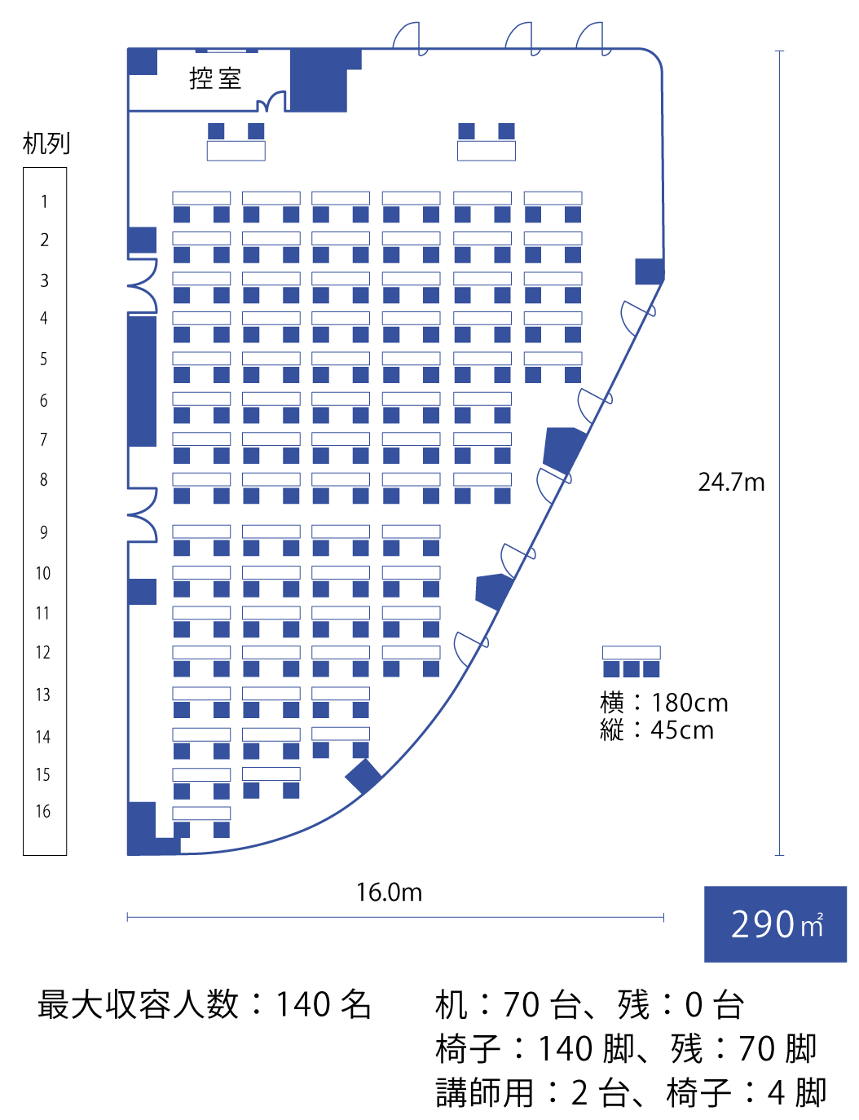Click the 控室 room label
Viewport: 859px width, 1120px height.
coord(215,78)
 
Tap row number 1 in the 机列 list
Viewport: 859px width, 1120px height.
coord(44,201)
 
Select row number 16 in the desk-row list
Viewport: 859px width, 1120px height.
coord(43,811)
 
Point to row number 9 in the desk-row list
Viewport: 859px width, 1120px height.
coord(44,532)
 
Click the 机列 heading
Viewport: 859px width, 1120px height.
coord(46,143)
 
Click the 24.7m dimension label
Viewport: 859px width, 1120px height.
coord(731,483)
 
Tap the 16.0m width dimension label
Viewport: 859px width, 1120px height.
coord(389,893)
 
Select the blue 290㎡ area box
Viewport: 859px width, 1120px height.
coord(775,924)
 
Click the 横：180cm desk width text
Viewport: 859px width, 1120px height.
coord(663,703)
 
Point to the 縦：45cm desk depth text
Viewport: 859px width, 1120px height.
coord(656,730)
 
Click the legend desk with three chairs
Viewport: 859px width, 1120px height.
coord(631,661)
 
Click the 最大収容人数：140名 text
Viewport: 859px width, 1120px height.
coord(204,1004)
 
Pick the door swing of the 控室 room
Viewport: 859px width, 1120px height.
coord(271,101)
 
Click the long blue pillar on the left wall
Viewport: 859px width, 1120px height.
coord(142,381)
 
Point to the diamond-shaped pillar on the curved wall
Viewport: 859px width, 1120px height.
coord(363,776)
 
